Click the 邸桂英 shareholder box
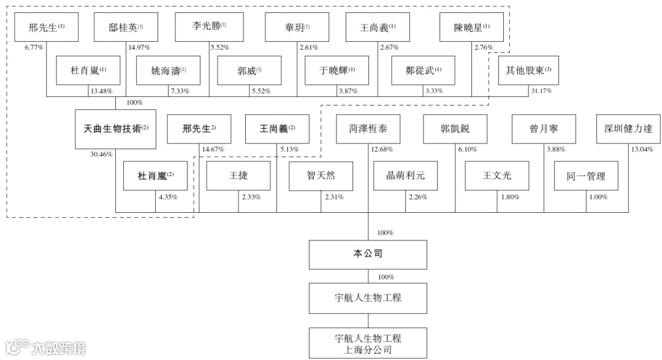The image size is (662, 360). coord(126,27)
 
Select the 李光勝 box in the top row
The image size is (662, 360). coord(208,26)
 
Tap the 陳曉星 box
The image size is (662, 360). coord(472,27)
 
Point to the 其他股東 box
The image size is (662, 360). coord(528,70)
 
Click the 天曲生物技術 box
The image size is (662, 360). coord(116,129)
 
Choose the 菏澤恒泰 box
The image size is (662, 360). coord(368,129)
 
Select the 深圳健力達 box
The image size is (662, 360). coord(628,129)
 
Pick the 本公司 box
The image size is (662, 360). coord(368,254)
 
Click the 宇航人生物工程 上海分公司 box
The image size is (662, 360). coord(368,343)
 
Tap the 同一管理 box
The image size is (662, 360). coord(586,176)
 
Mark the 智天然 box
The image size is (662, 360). coord(321,176)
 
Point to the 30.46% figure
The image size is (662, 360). coord(101,155)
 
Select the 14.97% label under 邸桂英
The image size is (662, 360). coord(139,47)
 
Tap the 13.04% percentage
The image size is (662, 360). coord(641,149)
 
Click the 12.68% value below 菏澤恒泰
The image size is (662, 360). coord(382,149)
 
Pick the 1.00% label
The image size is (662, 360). coord(598,197)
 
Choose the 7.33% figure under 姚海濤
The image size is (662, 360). coord(179,91)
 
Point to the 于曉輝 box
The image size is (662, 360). coord(337,70)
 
